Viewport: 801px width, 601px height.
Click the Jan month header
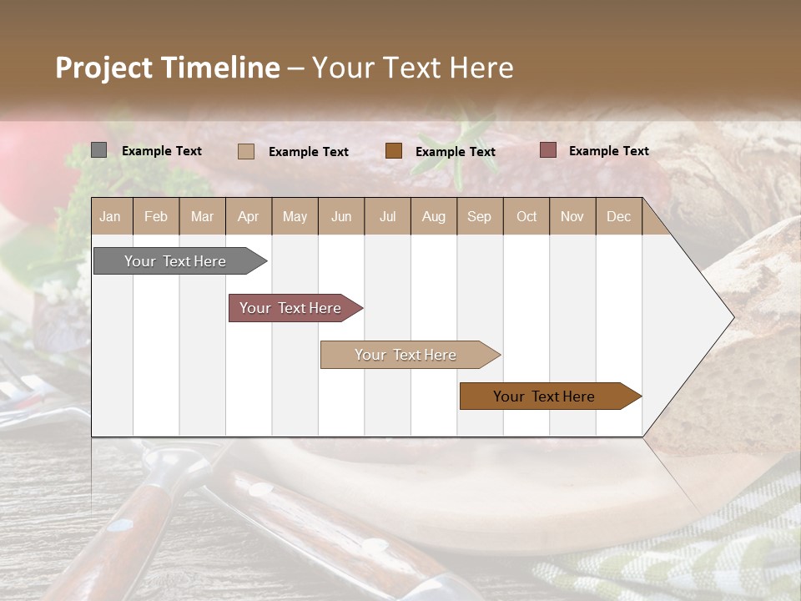(x=110, y=216)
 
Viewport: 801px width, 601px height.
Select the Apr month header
(x=248, y=216)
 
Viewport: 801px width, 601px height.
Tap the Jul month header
(x=387, y=216)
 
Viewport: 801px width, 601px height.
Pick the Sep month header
(x=479, y=216)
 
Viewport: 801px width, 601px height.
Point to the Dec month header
(x=618, y=216)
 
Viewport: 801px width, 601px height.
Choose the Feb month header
(x=156, y=216)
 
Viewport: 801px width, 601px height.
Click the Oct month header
(x=526, y=216)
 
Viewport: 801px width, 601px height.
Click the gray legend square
(x=98, y=150)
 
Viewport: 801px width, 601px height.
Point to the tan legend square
(x=245, y=151)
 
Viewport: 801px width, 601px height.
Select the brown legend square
(x=394, y=150)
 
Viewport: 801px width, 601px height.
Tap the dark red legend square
(x=547, y=150)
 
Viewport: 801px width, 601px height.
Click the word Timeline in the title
(x=219, y=68)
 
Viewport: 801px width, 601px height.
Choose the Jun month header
(x=341, y=216)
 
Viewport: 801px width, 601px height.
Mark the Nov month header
(x=572, y=216)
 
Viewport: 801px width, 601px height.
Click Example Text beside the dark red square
(x=608, y=151)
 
